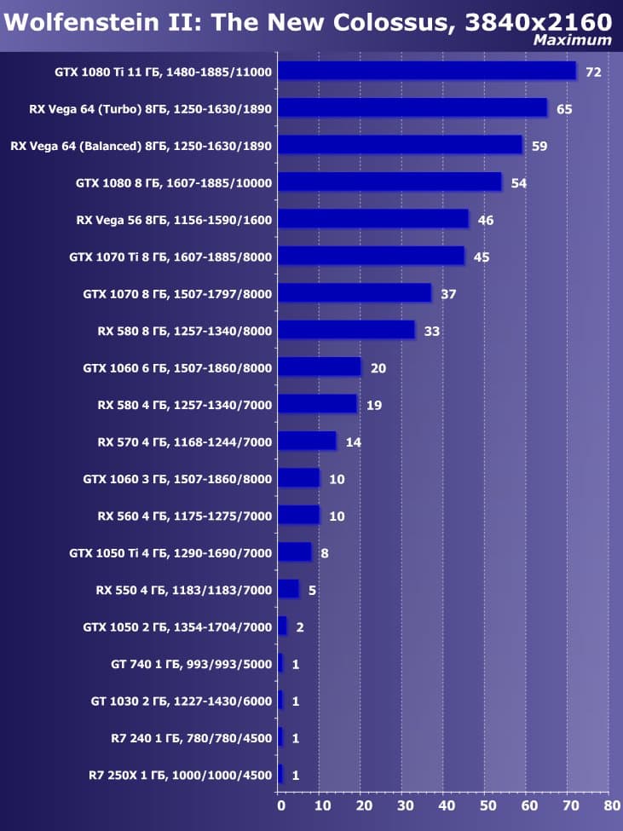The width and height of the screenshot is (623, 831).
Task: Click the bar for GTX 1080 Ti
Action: click(x=427, y=71)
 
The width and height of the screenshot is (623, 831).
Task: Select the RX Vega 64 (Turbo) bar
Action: click(x=412, y=107)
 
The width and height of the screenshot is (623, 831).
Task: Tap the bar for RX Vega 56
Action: click(x=373, y=219)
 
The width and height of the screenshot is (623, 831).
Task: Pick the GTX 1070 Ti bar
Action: click(x=371, y=256)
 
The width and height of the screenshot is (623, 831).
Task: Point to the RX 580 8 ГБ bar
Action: click(x=346, y=330)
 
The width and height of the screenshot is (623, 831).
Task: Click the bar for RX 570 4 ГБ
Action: click(x=307, y=441)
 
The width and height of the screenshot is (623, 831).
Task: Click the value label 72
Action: click(x=593, y=72)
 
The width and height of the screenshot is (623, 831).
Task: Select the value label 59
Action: click(x=539, y=146)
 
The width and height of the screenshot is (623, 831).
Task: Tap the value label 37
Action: click(x=448, y=294)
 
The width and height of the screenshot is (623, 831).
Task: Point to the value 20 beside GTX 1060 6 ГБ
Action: click(x=378, y=368)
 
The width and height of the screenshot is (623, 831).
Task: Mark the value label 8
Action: click(x=324, y=553)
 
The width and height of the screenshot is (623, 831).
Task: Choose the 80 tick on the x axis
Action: click(x=610, y=803)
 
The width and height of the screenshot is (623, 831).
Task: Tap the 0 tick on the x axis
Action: click(x=280, y=803)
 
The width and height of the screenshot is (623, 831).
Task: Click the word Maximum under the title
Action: click(x=572, y=40)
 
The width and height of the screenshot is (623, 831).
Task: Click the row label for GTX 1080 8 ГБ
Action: click(x=173, y=182)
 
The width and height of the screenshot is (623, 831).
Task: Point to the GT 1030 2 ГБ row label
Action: click(x=181, y=701)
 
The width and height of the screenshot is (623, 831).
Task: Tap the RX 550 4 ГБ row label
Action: click(x=184, y=590)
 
